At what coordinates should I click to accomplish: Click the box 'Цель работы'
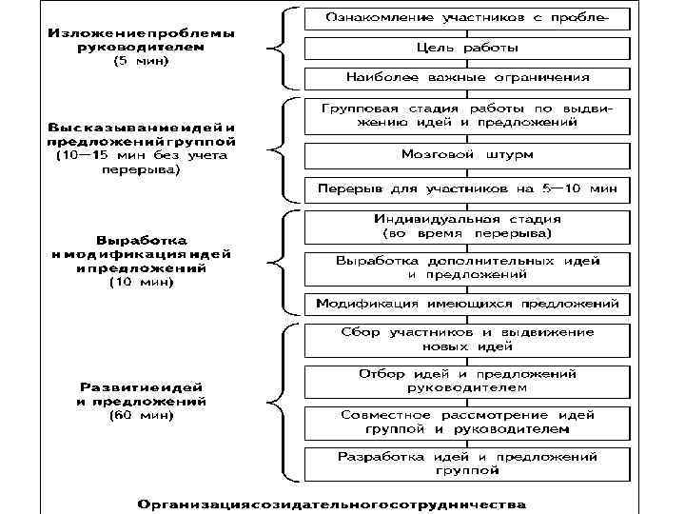pyautogui.click(x=466, y=47)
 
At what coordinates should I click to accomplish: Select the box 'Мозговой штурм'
pyautogui.click(x=466, y=153)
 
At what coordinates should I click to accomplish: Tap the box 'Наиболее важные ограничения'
pyautogui.click(x=466, y=77)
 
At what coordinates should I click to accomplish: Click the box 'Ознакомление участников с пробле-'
pyautogui.click(x=466, y=17)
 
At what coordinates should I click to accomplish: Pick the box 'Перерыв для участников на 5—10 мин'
pyautogui.click(x=466, y=188)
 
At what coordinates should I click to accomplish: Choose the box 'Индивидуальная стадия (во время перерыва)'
pyautogui.click(x=466, y=226)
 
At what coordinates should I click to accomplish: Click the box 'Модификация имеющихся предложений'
pyautogui.click(x=466, y=305)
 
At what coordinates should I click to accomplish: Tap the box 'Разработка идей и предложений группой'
pyautogui.click(x=466, y=463)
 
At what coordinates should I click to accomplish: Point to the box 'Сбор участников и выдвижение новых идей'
pyautogui.click(x=466, y=339)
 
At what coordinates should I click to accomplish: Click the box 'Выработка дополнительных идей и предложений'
pyautogui.click(x=466, y=267)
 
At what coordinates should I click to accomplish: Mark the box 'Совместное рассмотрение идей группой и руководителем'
pyautogui.click(x=466, y=422)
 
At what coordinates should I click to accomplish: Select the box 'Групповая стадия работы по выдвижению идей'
pyautogui.click(x=466, y=116)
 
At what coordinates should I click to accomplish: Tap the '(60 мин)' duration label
pyautogui.click(x=140, y=415)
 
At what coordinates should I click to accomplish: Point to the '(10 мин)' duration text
pyautogui.click(x=140, y=282)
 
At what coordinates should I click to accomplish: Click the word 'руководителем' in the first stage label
pyautogui.click(x=140, y=47)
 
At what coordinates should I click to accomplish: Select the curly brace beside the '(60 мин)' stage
pyautogui.click(x=278, y=400)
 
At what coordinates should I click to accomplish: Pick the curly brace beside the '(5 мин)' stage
pyautogui.click(x=278, y=47)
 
